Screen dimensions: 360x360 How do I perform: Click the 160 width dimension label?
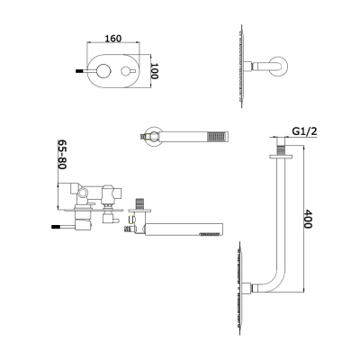click(113, 39)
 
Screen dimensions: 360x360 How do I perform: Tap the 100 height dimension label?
click(154, 71)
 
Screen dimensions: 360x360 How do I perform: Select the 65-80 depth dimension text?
click(62, 154)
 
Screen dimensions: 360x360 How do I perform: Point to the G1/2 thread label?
click(304, 131)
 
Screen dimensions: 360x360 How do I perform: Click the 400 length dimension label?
click(308, 219)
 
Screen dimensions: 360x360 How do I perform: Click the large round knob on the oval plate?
click(103, 71)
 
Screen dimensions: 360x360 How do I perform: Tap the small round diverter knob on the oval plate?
click(125, 71)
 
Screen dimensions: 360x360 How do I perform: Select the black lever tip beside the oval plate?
click(78, 71)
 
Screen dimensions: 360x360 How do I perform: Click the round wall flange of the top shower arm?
click(281, 66)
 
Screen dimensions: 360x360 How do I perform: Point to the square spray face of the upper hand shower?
click(218, 136)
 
